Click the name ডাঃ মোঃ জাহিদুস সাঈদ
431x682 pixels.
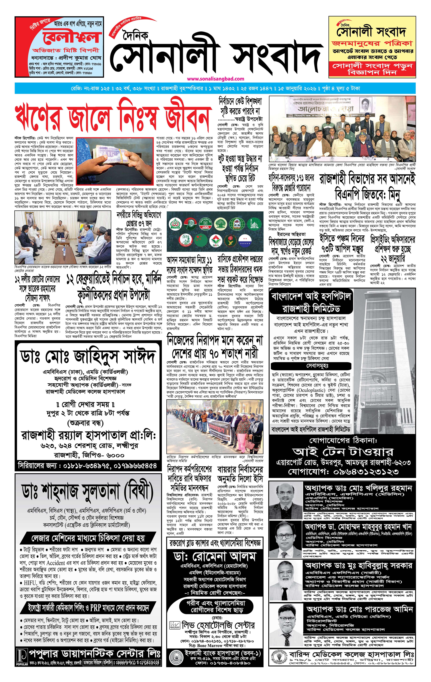88,356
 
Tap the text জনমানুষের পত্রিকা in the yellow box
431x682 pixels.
372,43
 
